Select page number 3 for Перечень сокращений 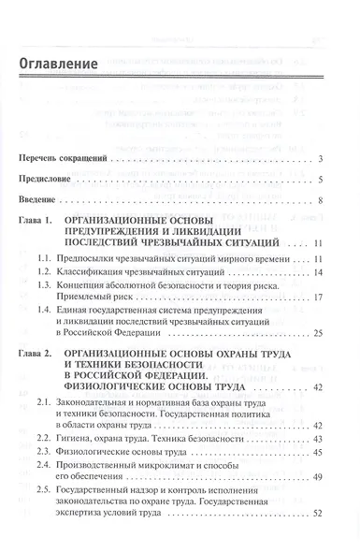point(320,160)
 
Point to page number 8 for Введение point(320,200)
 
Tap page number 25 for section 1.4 point(318,332)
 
